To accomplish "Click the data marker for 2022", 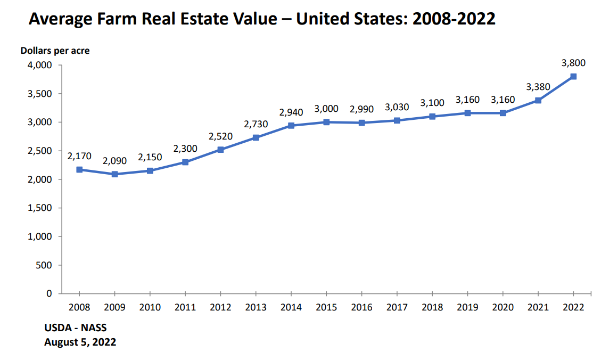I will (573, 76).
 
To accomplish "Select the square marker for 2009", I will (114, 174).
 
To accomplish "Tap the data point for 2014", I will (291, 126).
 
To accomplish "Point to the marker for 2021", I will (538, 100).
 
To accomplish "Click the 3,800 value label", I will (573, 63).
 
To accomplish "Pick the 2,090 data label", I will (114, 161).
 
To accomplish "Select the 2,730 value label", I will (256, 124).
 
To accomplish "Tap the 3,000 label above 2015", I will (326, 109).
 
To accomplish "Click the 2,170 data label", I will (79, 156).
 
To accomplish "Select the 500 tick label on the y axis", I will (45, 265).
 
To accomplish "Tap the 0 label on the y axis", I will (49, 293).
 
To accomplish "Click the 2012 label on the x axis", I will (220, 307).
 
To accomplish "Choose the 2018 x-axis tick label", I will (432, 307).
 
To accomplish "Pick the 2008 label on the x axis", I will (79, 307).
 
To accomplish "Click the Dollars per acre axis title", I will (55, 51).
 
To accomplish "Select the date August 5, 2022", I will (80, 342).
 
